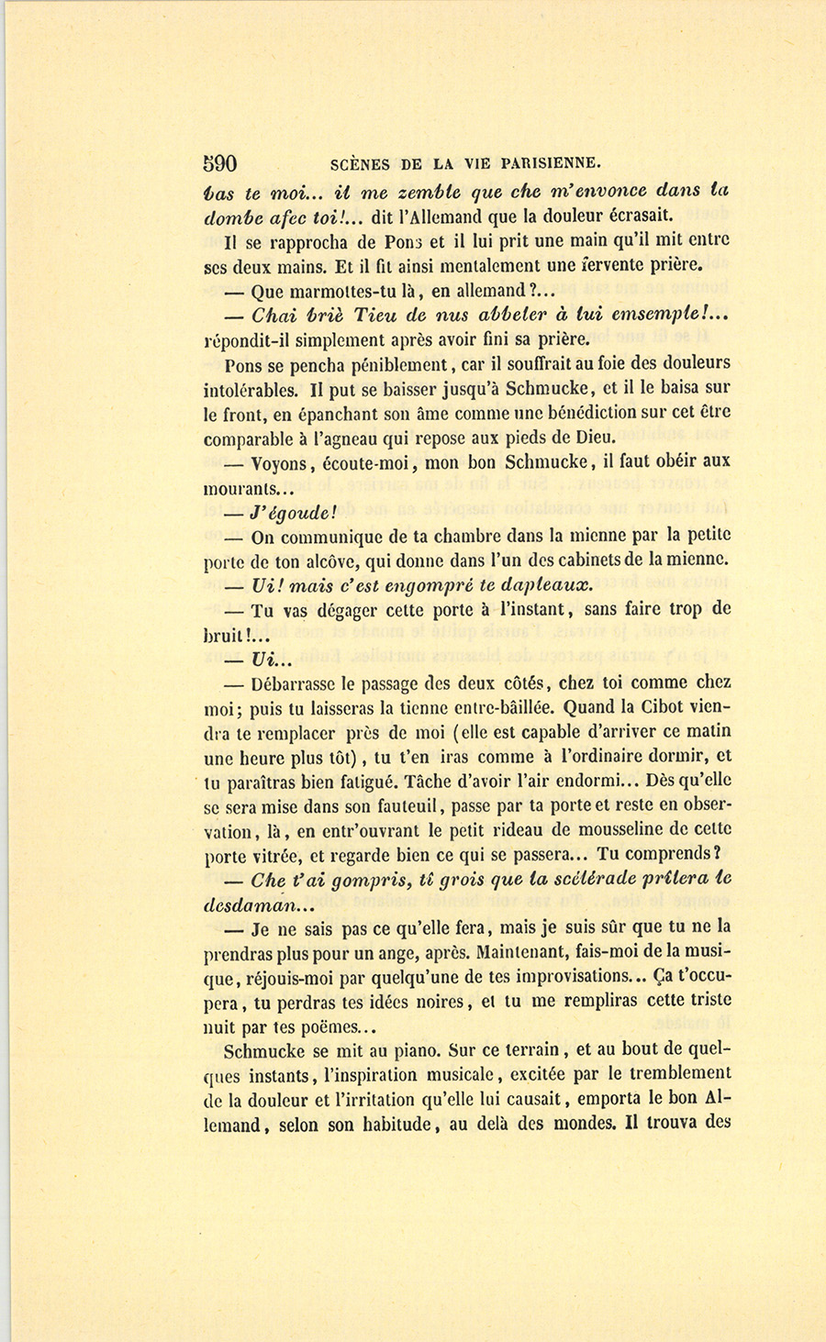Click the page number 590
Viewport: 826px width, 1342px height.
tap(220, 164)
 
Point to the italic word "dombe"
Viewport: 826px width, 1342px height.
tap(231, 217)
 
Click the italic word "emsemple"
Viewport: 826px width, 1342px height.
tap(659, 315)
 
